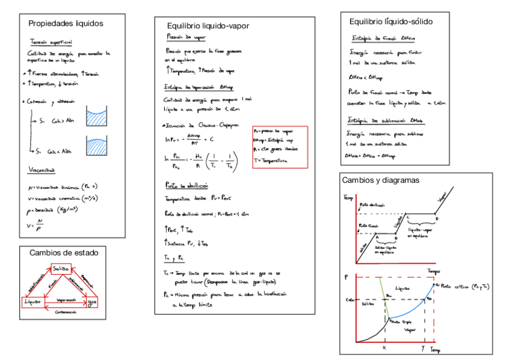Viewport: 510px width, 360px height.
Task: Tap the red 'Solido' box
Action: [x=60, y=268]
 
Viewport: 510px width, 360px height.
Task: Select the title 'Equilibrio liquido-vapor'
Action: [x=208, y=26]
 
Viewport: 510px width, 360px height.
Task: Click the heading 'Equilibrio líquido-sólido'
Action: [x=391, y=22]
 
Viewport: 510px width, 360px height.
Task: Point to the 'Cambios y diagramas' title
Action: [x=380, y=180]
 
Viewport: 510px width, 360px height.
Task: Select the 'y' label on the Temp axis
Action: [x=423, y=348]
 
